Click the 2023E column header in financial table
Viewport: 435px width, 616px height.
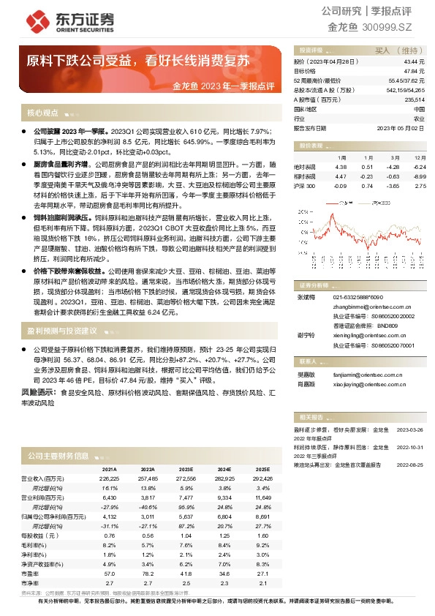(186, 469)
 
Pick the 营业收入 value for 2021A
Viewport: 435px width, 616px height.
(109, 478)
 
